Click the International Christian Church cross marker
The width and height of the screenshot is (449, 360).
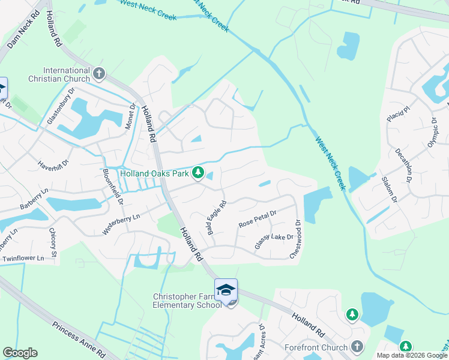coord(99,74)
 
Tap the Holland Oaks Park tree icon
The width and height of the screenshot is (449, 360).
coord(197,173)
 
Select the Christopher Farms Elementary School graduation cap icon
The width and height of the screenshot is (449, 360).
coord(226,289)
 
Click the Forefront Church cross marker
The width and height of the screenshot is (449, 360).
coord(357,347)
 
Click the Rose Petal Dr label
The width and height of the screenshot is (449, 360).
coord(257,218)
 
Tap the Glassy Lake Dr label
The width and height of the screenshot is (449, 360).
coord(274,241)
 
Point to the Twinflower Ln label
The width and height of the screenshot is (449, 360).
coord(23,259)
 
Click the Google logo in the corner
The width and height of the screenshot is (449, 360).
coord(20,353)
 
